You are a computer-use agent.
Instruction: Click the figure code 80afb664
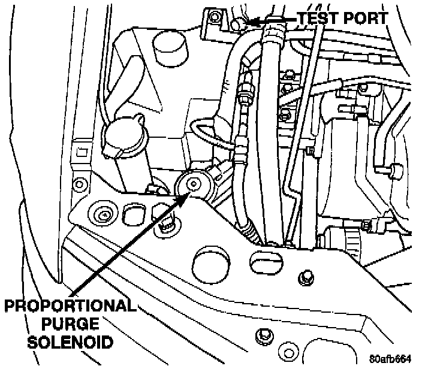[x=390, y=359]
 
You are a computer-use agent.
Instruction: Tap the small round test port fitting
[x=237, y=23]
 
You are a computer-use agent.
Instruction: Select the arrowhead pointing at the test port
[x=252, y=22]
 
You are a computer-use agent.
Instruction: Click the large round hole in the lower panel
[x=209, y=262]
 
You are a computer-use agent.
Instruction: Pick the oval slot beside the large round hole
[x=264, y=264]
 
